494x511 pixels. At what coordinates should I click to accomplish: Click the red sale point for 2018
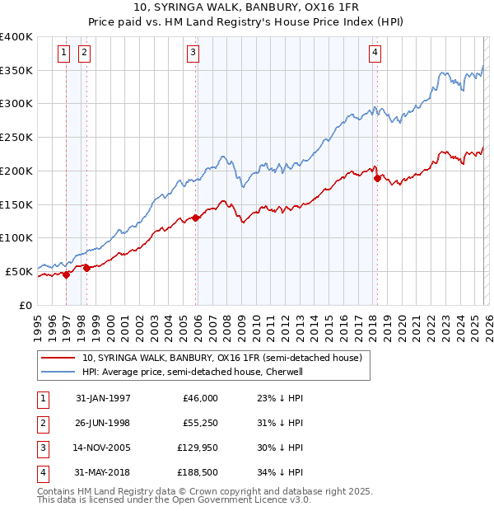376,177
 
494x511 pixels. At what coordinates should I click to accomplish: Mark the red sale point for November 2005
195,218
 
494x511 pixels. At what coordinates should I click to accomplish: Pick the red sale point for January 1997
66,274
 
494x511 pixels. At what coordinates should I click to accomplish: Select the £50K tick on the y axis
20,271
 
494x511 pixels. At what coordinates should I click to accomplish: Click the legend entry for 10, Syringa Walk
221,358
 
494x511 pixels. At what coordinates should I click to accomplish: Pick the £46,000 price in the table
200,398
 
